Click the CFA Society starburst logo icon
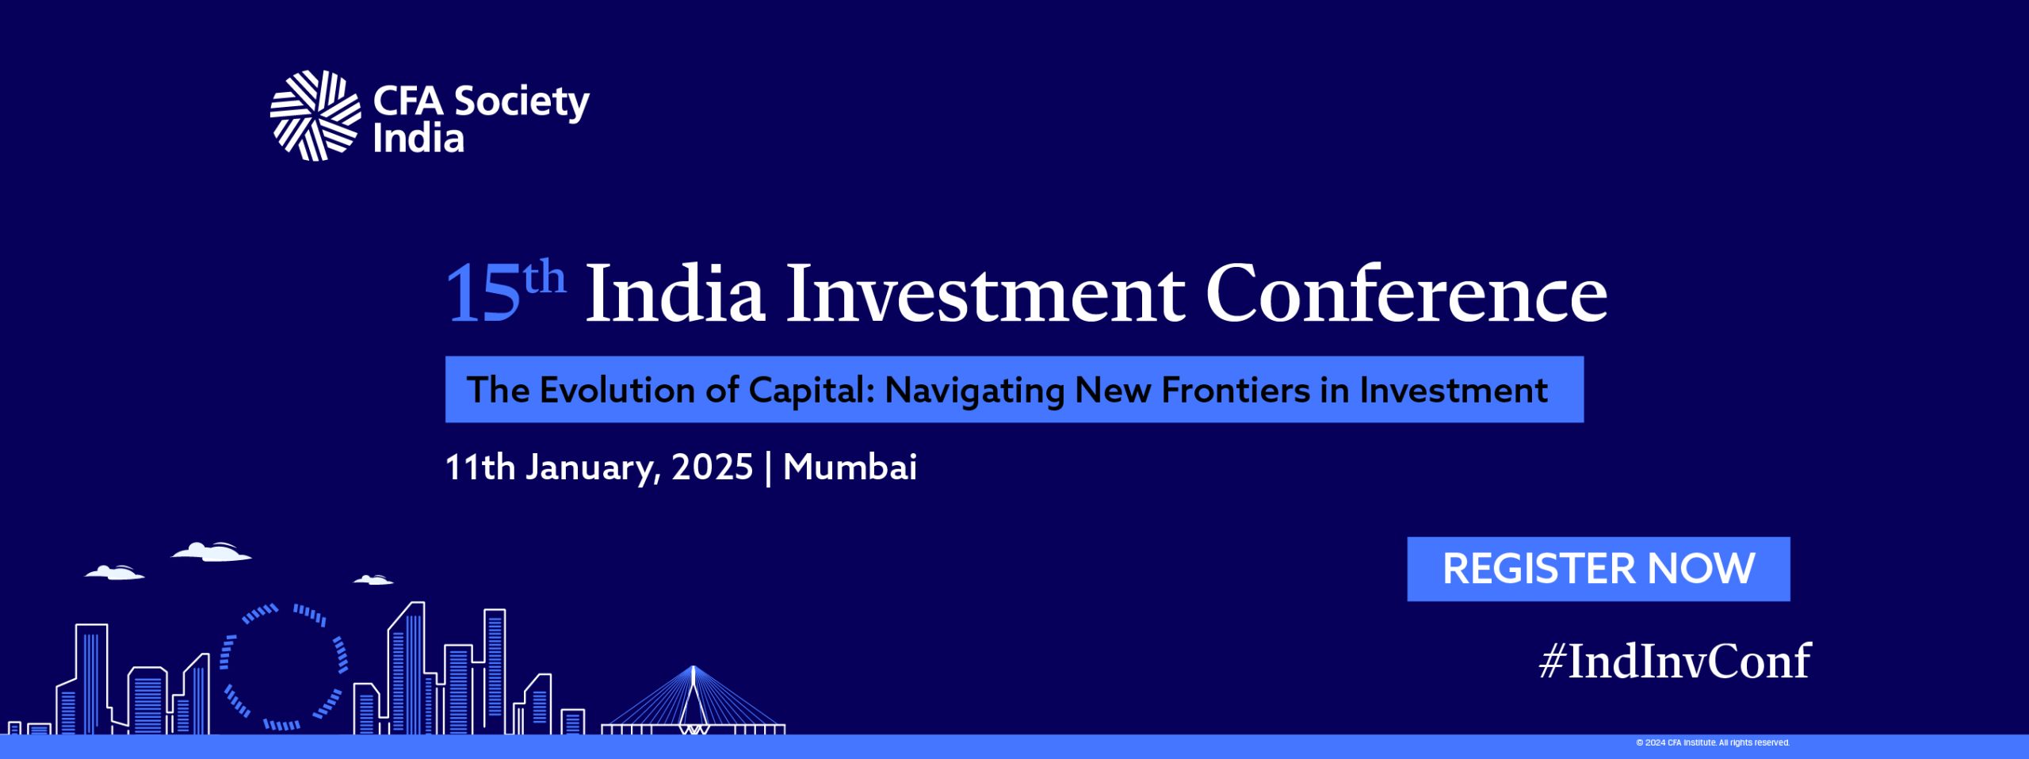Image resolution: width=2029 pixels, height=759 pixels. [x=315, y=116]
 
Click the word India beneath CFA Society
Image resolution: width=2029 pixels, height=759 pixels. [x=418, y=138]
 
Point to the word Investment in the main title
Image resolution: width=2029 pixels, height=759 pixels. [x=985, y=293]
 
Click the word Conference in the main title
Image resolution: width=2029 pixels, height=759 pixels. [x=1407, y=293]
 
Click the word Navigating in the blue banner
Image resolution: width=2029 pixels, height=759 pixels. [x=974, y=391]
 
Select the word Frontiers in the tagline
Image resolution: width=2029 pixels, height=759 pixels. [x=1236, y=390]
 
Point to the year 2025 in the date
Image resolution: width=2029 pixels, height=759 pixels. [x=712, y=467]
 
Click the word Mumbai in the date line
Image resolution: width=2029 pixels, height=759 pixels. [x=850, y=467]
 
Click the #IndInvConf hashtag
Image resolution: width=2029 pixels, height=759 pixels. [x=1675, y=661]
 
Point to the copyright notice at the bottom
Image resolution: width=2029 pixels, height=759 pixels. [x=1713, y=742]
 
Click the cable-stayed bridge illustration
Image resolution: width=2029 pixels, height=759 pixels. [x=694, y=700]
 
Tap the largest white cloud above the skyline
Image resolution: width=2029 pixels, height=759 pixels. [x=212, y=551]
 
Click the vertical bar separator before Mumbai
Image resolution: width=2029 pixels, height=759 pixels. [x=768, y=467]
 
